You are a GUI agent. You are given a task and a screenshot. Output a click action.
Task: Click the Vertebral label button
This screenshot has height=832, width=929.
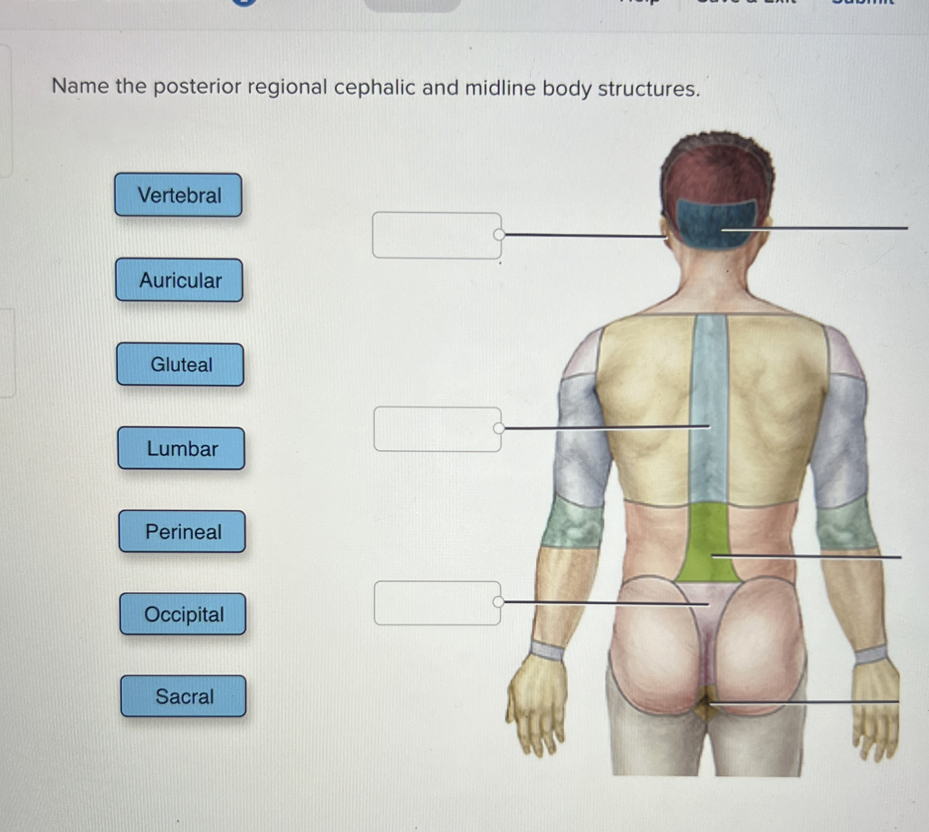click(178, 195)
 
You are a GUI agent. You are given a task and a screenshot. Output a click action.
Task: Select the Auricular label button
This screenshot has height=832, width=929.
click(179, 280)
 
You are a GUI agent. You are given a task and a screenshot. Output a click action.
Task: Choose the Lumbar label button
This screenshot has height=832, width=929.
click(182, 448)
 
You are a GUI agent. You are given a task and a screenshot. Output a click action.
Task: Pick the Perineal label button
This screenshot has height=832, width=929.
click(182, 532)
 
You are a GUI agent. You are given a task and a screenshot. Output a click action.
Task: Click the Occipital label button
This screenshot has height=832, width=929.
click(183, 614)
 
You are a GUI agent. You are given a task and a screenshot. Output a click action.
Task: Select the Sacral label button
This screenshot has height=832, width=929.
click(184, 696)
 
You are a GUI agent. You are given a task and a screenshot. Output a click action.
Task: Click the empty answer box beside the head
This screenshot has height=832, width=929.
click(437, 235)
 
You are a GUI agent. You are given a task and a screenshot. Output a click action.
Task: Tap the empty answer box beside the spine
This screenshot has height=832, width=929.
click(437, 429)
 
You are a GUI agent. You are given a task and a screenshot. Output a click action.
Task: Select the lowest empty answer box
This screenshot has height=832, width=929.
click(437, 603)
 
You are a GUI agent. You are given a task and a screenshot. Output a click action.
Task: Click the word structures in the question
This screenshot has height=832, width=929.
click(648, 89)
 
